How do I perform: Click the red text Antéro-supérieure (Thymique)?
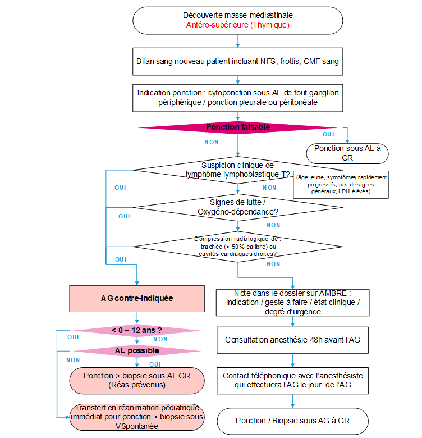click(x=238, y=25)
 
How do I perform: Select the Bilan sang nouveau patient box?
click(x=238, y=61)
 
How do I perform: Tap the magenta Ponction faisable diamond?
click(x=238, y=127)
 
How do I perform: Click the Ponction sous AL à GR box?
click(x=347, y=153)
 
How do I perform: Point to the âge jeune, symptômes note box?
click(x=341, y=185)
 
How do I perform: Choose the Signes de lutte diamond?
click(x=238, y=207)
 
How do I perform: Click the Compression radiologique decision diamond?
click(x=238, y=247)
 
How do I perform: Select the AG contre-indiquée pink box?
click(x=137, y=298)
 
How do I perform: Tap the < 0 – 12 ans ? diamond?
click(x=137, y=330)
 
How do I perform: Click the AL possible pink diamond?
click(x=137, y=351)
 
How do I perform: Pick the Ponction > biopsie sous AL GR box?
click(x=137, y=381)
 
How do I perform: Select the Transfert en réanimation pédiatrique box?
click(x=137, y=417)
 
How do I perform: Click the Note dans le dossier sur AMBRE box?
click(x=293, y=303)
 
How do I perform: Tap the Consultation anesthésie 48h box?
click(x=293, y=340)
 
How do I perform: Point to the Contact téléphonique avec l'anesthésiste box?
click(x=293, y=381)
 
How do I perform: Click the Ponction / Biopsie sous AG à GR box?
click(x=293, y=421)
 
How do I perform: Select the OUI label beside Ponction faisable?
click(x=328, y=134)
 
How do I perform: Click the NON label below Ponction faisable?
click(x=211, y=142)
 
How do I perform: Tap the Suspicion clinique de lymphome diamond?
click(x=238, y=170)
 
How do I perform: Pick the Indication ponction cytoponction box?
click(x=238, y=98)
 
